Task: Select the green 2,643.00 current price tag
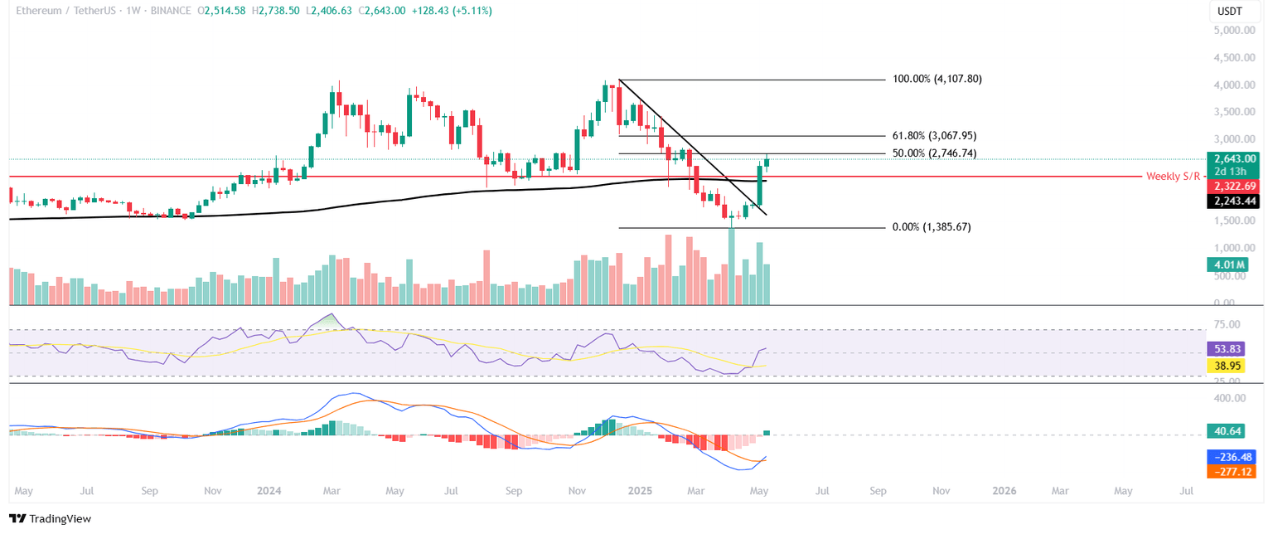pos(1234,158)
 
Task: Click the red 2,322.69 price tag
pos(1234,187)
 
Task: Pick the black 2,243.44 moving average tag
pos(1234,201)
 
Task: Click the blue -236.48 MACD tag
pos(1233,457)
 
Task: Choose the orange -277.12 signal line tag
pos(1233,471)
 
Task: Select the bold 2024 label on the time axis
pos(269,491)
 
